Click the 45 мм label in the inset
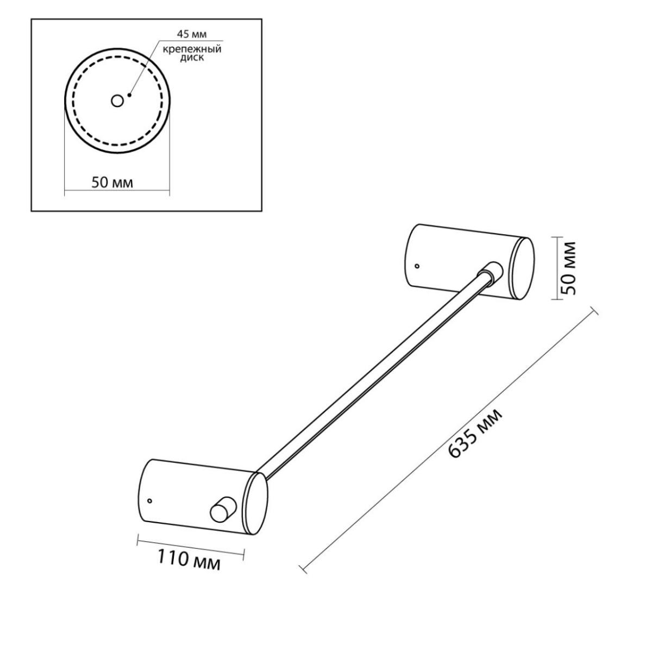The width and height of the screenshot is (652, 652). [191, 34]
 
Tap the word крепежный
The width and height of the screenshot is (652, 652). [192, 49]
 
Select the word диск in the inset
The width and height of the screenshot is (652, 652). [192, 58]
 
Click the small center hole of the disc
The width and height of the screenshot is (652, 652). [117, 101]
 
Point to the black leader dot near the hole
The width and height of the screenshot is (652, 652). [129, 95]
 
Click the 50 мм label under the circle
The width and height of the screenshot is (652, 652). [112, 183]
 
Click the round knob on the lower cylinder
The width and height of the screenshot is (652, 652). [223, 513]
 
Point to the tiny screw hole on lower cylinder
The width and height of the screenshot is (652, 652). [150, 500]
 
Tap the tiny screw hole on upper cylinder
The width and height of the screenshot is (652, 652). [417, 266]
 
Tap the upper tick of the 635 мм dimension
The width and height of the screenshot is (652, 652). [594, 311]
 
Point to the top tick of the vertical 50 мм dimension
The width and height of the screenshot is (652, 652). [556, 237]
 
